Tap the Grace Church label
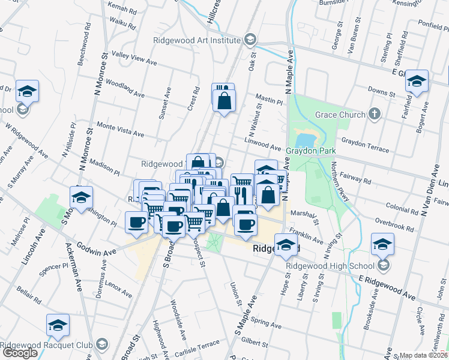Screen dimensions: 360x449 [340, 115]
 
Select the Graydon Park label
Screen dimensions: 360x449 [310, 151]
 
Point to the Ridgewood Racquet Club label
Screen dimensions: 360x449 [46, 345]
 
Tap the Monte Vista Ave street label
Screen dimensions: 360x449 [120, 130]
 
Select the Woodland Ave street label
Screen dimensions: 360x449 [125, 88]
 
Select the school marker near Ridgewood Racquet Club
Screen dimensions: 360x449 [58, 326]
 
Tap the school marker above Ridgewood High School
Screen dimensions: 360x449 [382, 245]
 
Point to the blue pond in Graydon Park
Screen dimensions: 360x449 [304, 137]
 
